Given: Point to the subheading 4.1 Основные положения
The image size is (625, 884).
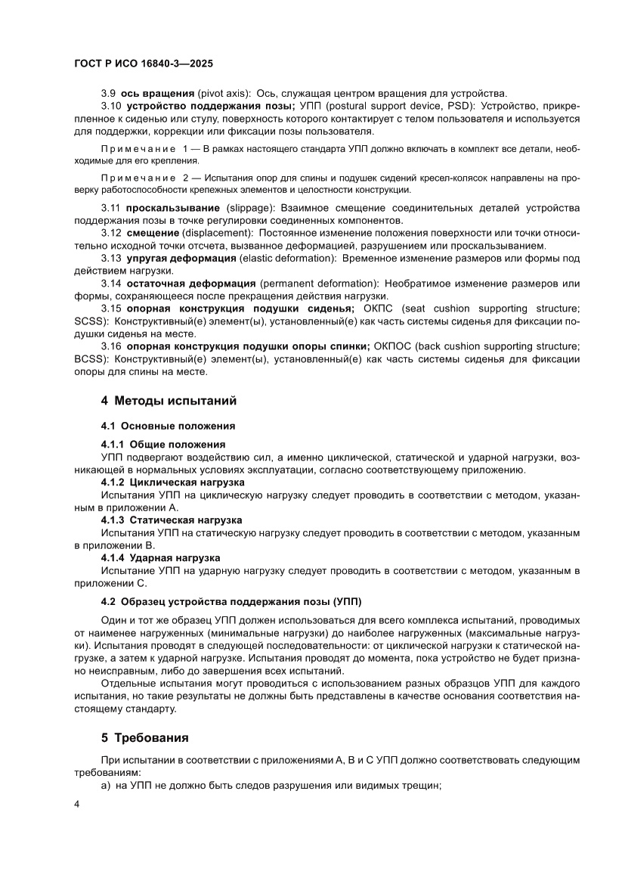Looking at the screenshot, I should click(x=168, y=426).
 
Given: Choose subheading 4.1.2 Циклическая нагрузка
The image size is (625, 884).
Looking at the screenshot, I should click(x=172, y=481).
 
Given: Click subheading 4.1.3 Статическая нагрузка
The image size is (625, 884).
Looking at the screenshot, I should click(x=172, y=520).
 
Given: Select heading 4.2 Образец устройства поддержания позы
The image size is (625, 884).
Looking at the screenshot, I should click(x=231, y=602).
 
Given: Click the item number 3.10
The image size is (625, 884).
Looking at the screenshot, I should click(x=111, y=106).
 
